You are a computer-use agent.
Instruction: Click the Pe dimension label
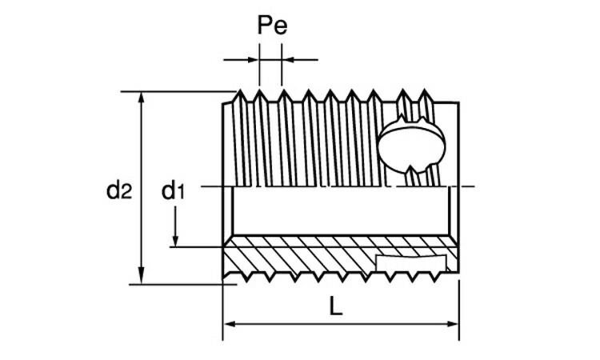point(272,26)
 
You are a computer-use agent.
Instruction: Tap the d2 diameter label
point(119,190)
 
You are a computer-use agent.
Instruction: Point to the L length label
point(335,307)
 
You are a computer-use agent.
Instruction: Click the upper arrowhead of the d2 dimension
point(142,98)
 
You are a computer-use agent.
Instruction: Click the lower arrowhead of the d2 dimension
point(142,278)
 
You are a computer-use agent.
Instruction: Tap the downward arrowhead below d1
point(175,241)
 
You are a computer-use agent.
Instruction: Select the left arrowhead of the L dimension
point(229,325)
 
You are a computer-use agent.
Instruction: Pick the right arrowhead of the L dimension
point(453,325)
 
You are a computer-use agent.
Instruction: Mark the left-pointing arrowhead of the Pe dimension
point(288,60)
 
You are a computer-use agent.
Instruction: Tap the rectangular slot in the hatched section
point(411,263)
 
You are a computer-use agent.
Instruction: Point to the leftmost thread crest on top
point(240,91)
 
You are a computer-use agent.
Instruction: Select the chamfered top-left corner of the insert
point(228,103)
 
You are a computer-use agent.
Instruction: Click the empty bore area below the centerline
point(341,210)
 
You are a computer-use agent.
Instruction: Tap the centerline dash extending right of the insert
point(467,186)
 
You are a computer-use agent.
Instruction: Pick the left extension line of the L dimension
point(223,310)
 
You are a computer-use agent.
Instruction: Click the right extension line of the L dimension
point(459,310)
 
